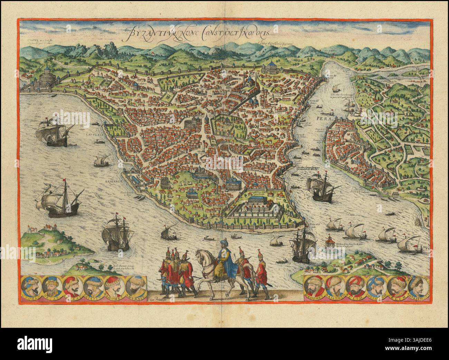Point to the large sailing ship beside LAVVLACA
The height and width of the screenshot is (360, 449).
tap(54, 131)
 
